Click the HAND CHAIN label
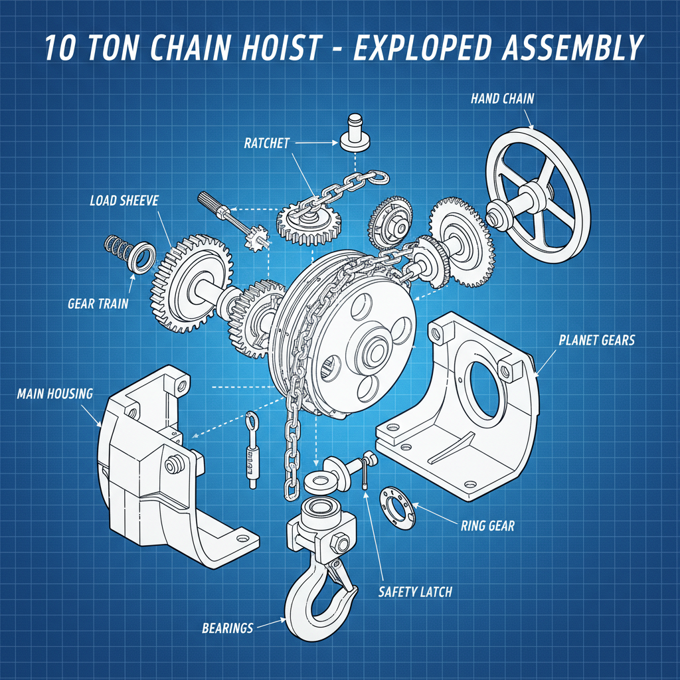(x=502, y=99)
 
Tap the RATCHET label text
(x=266, y=143)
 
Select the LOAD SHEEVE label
(x=124, y=200)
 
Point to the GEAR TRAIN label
(x=98, y=304)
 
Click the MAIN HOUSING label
(x=54, y=394)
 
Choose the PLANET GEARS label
(x=596, y=341)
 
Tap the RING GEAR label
(x=487, y=526)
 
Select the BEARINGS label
(x=227, y=627)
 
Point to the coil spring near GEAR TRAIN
(x=118, y=249)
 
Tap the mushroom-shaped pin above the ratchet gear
(x=357, y=132)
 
